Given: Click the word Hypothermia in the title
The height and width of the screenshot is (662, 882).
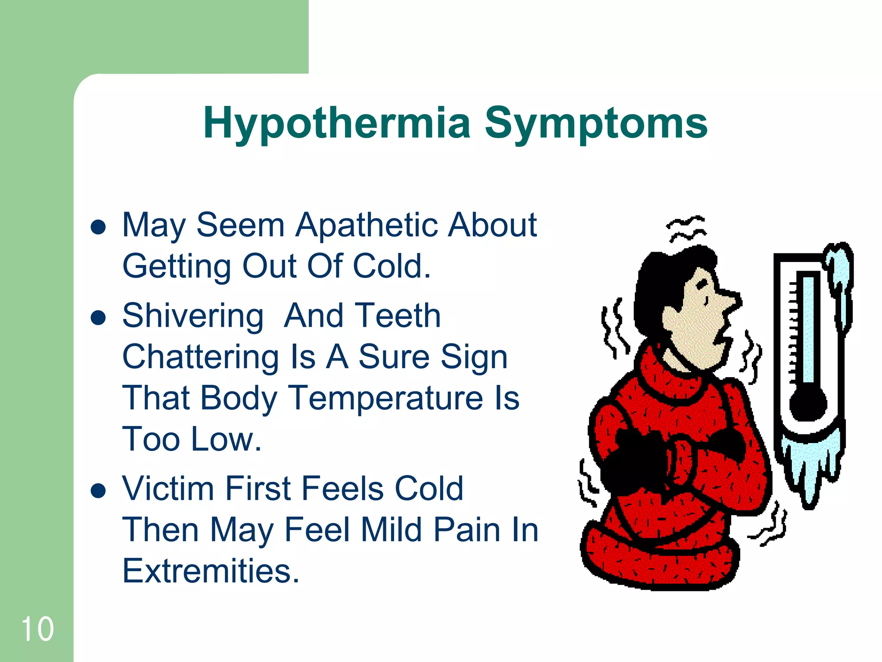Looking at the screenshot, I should tap(336, 124).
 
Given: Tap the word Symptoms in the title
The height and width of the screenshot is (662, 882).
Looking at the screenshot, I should tap(596, 124).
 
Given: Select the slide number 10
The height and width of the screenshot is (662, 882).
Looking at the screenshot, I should tap(37, 629).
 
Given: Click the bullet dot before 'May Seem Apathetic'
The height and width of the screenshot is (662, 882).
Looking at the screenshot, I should tap(99, 227).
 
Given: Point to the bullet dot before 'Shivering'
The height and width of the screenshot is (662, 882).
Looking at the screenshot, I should tap(99, 318).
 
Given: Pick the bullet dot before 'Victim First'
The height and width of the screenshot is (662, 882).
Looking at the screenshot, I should tap(99, 490).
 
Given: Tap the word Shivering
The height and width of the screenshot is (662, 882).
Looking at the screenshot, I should tap(193, 315).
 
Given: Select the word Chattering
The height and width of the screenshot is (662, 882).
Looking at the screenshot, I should tap(201, 357).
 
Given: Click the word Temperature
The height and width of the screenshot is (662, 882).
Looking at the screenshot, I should tap(386, 398).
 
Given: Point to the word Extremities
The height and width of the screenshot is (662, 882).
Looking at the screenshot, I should tap(211, 571).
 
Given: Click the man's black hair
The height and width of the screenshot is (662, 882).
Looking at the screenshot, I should tap(659, 284).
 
